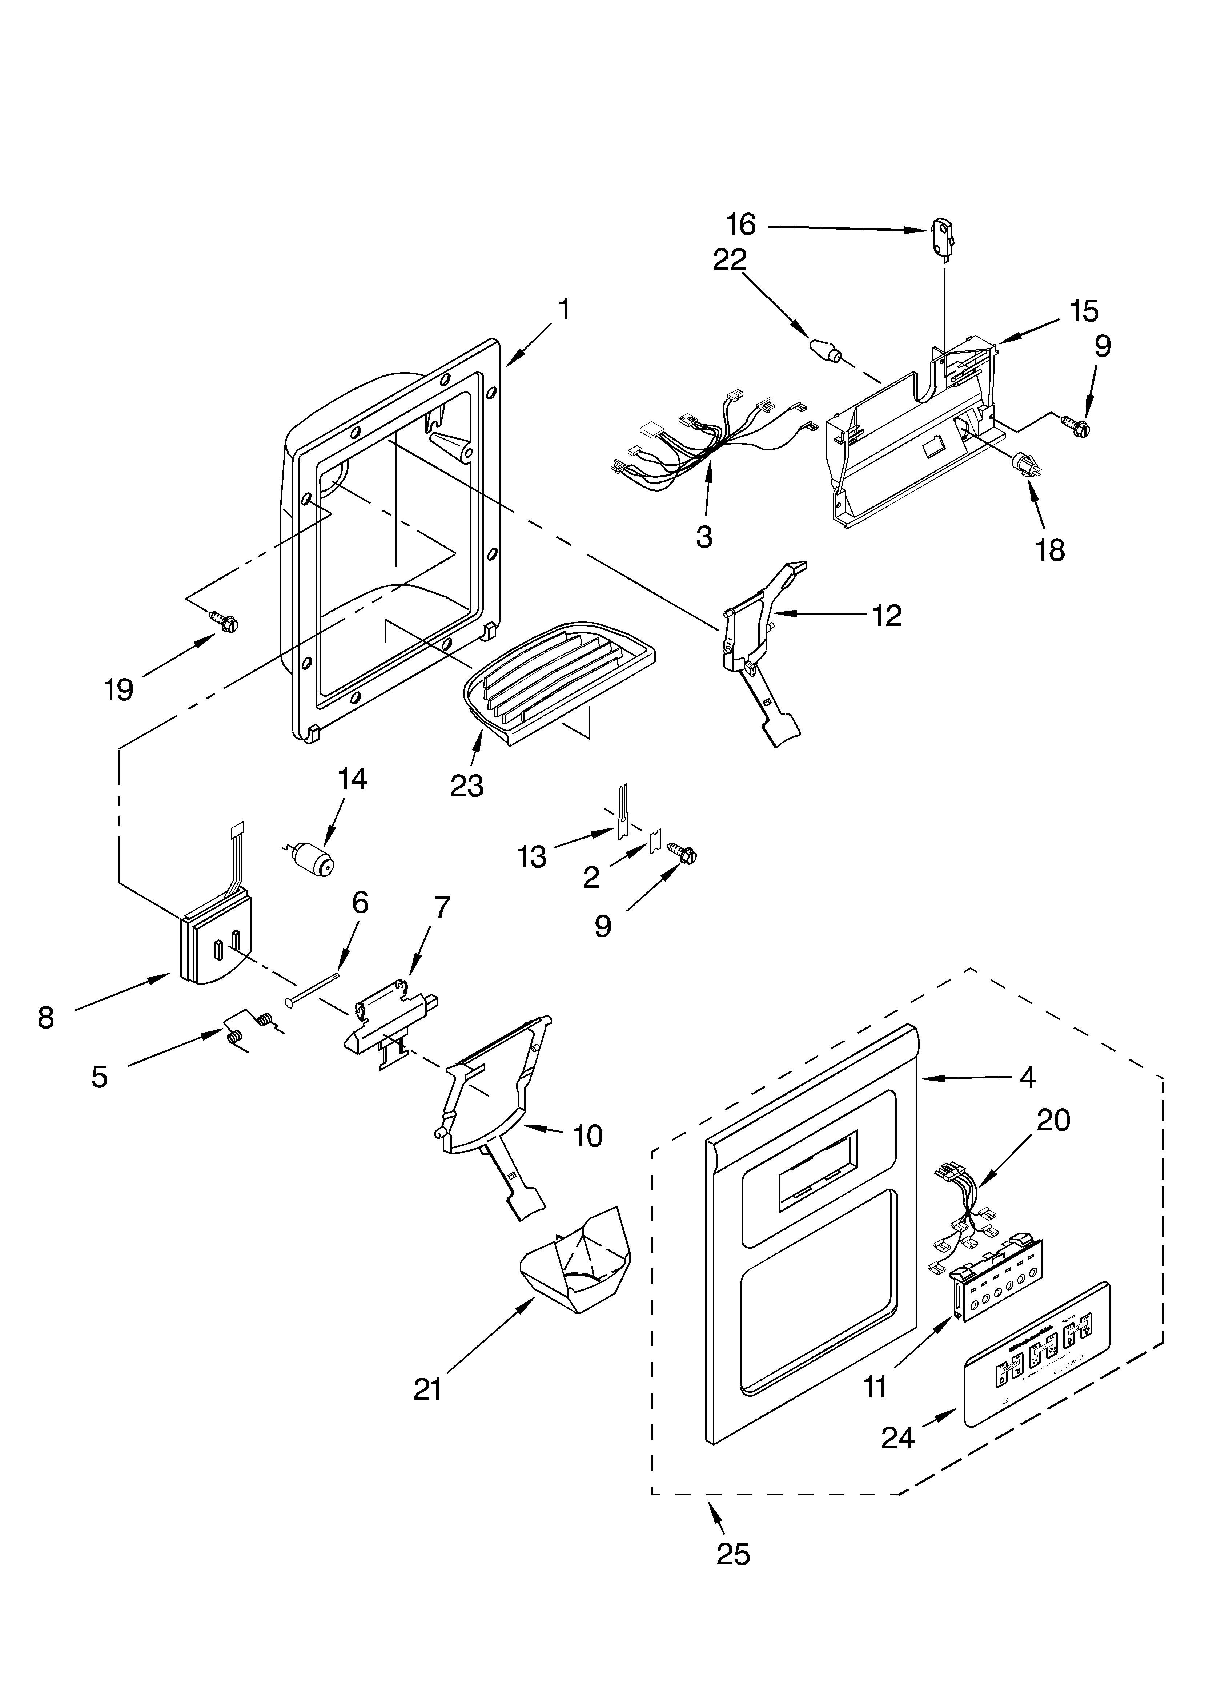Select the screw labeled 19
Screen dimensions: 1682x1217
225,621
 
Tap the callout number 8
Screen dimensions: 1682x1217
46,1018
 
